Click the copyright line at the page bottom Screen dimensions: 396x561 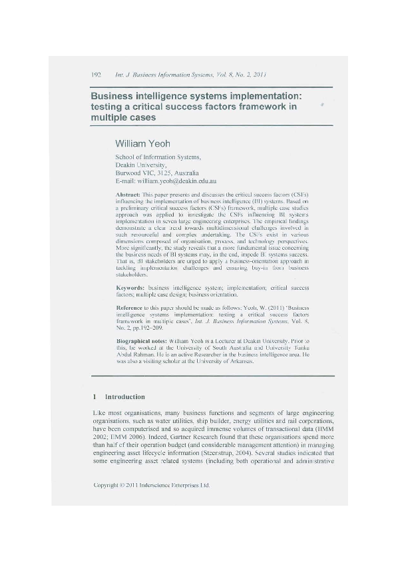pos(152,486)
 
